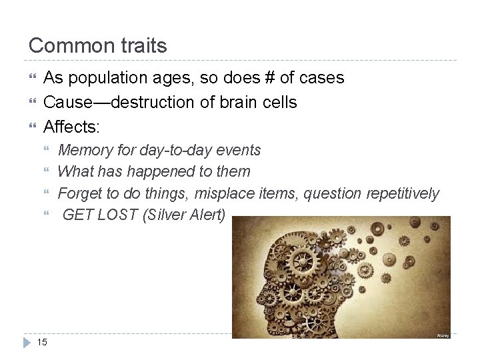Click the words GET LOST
coord(100,215)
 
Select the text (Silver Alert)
coord(185,215)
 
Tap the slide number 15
coord(42,342)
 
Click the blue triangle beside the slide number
coord(27,342)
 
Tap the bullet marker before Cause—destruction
coord(31,102)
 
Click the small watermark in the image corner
coord(443,335)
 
